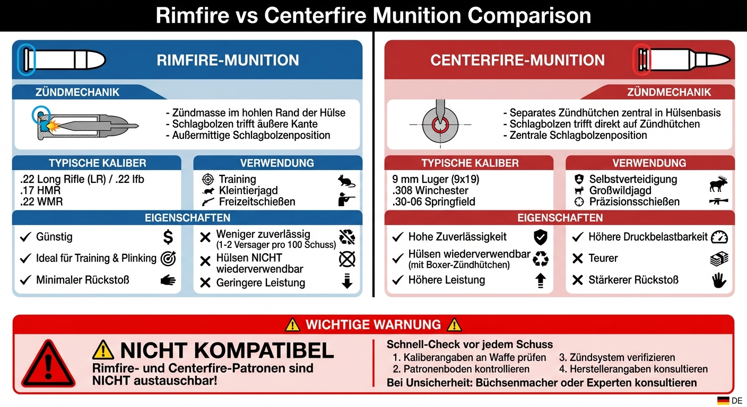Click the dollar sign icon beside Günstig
point(168,236)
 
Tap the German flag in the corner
point(723,401)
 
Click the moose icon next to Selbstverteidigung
point(718,184)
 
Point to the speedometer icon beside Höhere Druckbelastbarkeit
point(719,237)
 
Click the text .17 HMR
point(40,190)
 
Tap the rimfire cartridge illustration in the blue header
point(62,59)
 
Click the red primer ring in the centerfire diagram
point(440,125)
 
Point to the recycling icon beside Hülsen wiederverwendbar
point(540,259)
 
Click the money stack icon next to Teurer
point(719,259)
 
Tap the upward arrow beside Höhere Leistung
point(540,280)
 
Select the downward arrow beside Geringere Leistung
point(347,281)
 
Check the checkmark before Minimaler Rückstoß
point(25,280)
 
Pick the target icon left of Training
point(208,179)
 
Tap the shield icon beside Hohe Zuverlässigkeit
point(540,237)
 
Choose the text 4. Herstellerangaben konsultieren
point(633,369)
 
